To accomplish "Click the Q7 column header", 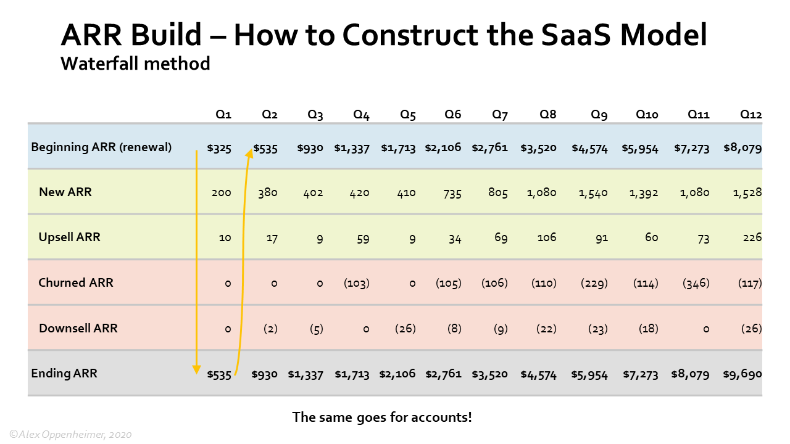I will (499, 115).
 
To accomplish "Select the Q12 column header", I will (750, 115).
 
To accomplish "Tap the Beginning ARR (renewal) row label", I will (101, 147).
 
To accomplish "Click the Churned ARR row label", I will (76, 282).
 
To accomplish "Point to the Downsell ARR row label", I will (78, 328).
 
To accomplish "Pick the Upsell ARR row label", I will (69, 237).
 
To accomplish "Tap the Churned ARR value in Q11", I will (696, 284).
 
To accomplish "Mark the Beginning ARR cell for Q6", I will (443, 148).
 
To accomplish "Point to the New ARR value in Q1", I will (221, 193).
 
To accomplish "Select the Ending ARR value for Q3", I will (306, 374).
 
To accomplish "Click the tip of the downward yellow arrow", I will (196, 372).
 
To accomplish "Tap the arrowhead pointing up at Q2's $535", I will (250, 151).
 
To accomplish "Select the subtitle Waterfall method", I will (135, 63).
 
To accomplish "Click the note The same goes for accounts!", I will (382, 417).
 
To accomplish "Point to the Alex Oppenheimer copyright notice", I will (70, 435).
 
